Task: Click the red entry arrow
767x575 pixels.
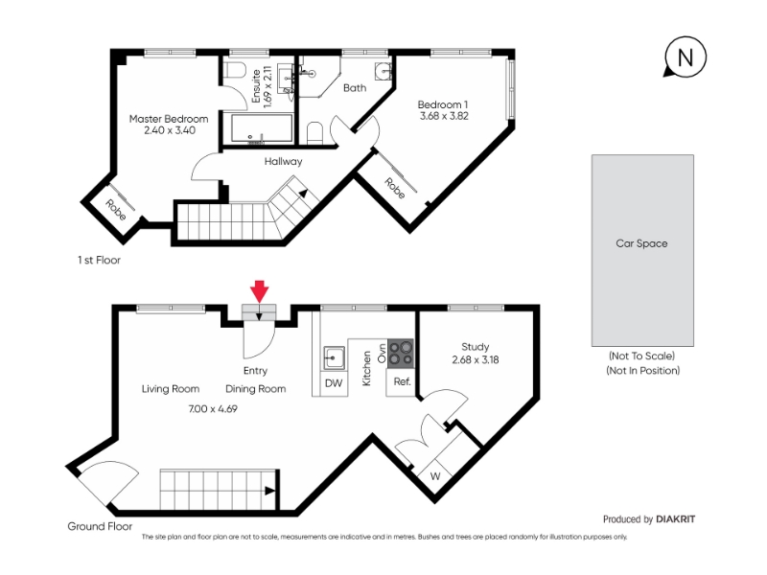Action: [260, 291]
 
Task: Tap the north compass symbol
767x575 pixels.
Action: [685, 57]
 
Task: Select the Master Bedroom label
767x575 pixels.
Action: [169, 119]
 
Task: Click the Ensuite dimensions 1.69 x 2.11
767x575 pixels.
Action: [267, 87]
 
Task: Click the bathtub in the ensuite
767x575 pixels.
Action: [262, 129]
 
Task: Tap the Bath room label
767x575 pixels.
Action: [355, 88]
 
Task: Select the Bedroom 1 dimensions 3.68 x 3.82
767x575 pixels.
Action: [444, 116]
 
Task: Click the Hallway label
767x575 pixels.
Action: [283, 161]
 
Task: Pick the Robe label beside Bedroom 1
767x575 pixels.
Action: [395, 188]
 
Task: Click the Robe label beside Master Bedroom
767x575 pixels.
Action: [115, 209]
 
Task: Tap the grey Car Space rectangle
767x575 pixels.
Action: [642, 250]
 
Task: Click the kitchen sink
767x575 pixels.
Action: [334, 357]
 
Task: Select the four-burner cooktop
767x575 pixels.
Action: [401, 354]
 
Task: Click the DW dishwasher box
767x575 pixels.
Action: [334, 382]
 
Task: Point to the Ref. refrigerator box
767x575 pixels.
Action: [402, 381]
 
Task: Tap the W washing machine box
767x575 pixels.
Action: [435, 476]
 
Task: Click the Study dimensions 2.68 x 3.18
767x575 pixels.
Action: [476, 360]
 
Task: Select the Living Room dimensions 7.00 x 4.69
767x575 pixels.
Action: [213, 409]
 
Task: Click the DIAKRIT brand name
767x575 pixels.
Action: [676, 519]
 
